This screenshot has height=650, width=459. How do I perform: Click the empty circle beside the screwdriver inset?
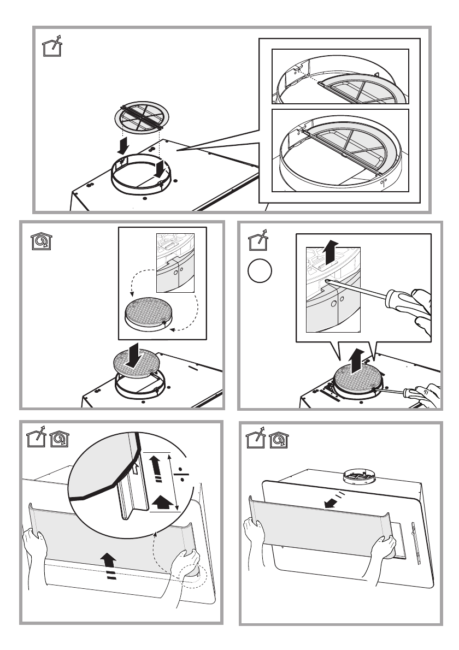(x=259, y=271)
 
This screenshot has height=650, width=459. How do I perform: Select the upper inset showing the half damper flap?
(x=340, y=76)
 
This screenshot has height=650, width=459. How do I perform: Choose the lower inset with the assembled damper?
(x=340, y=150)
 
